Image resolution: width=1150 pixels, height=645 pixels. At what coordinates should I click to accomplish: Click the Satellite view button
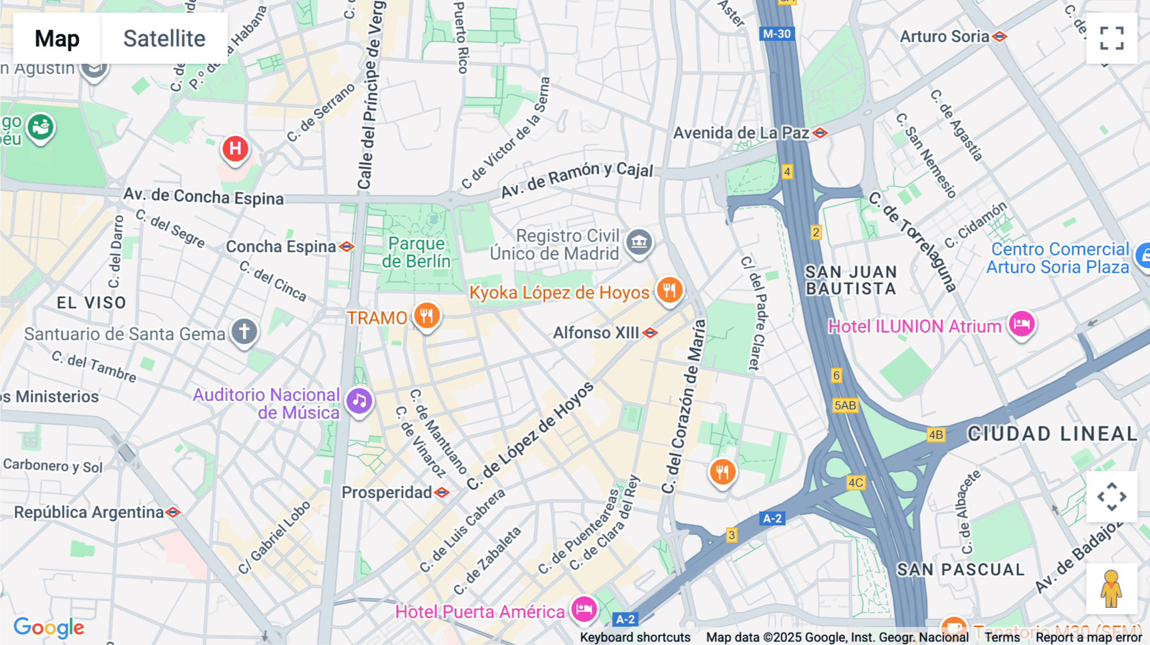pyautogui.click(x=164, y=38)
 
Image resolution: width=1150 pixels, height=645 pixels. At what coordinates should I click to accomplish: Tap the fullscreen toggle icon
pyautogui.click(x=1112, y=38)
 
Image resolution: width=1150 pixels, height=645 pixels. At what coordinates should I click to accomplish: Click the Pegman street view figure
pyautogui.click(x=1111, y=589)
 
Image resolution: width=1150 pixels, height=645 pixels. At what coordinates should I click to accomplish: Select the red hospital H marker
pyautogui.click(x=235, y=149)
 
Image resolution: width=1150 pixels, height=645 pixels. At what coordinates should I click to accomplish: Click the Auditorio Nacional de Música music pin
pyautogui.click(x=360, y=402)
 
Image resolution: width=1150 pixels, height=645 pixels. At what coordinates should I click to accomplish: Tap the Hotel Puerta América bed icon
pyautogui.click(x=584, y=609)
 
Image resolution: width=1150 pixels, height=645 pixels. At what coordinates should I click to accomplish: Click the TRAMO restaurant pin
pyautogui.click(x=427, y=315)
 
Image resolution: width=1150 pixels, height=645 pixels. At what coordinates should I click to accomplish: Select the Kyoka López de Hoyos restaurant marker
pyautogui.click(x=669, y=291)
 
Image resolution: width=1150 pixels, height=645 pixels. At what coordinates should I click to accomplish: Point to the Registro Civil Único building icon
pyautogui.click(x=639, y=243)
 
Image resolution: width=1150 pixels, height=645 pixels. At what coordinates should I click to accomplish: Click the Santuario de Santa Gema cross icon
pyautogui.click(x=244, y=331)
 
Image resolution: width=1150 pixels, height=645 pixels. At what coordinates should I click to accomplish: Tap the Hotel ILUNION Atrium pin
pyautogui.click(x=1022, y=324)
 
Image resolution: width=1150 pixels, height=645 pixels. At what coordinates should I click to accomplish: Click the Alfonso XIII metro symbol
pyautogui.click(x=650, y=333)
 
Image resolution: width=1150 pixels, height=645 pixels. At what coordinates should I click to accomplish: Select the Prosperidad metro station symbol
pyautogui.click(x=441, y=492)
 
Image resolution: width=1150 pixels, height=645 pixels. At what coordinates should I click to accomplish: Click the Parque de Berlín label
pyautogui.click(x=417, y=252)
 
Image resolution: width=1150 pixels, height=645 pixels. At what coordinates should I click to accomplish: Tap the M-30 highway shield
pyautogui.click(x=777, y=34)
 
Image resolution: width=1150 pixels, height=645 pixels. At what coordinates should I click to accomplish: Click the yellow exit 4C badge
pyautogui.click(x=855, y=483)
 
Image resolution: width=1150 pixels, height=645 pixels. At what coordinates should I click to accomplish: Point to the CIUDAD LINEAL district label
pyautogui.click(x=1052, y=434)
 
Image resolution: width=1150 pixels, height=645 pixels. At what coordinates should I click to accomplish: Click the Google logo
pyautogui.click(x=49, y=627)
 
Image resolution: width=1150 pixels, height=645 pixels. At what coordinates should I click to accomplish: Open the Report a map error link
pyautogui.click(x=1089, y=637)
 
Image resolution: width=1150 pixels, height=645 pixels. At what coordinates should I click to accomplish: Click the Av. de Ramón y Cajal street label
pyautogui.click(x=576, y=179)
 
